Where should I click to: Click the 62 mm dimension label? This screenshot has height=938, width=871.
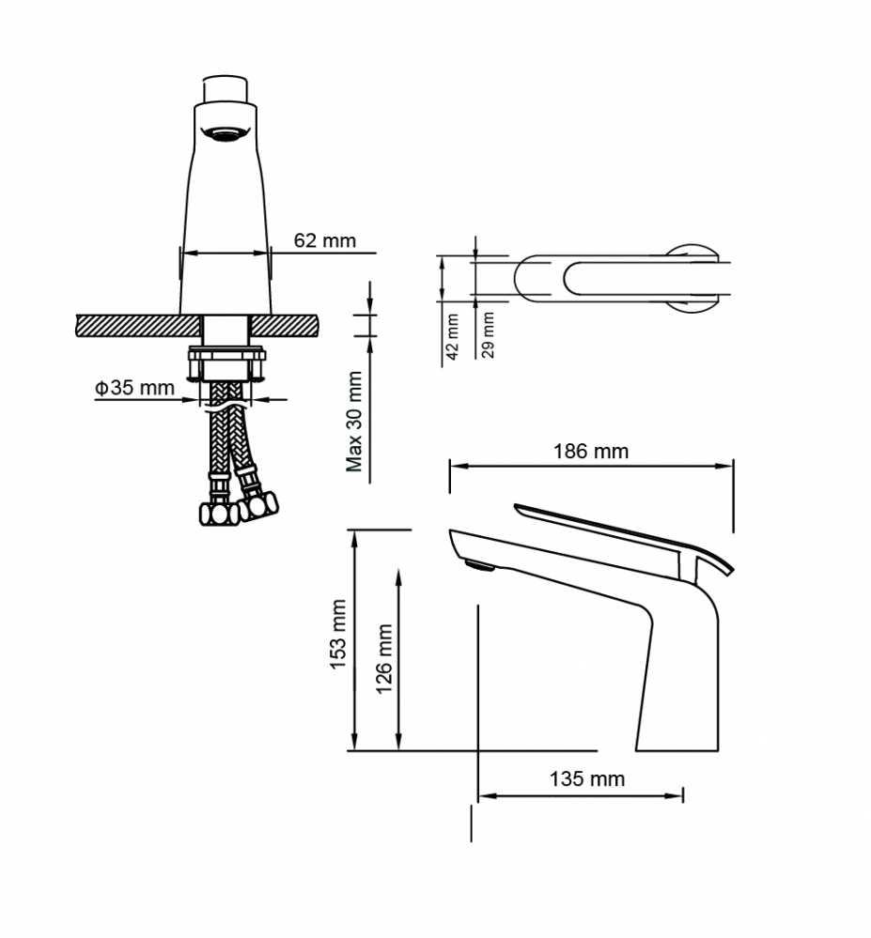pyautogui.click(x=324, y=240)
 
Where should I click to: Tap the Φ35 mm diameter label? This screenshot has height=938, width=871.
pyautogui.click(x=134, y=388)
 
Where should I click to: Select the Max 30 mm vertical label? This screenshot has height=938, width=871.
pyautogui.click(x=354, y=422)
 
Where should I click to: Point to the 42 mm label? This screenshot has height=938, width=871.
pyautogui.click(x=453, y=337)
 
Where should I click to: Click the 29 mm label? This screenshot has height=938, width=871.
pyautogui.click(x=489, y=334)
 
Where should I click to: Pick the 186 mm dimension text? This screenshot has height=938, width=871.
pyautogui.click(x=590, y=451)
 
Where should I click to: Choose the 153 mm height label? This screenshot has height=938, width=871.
pyautogui.click(x=338, y=634)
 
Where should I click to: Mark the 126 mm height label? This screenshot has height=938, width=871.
pyautogui.click(x=383, y=658)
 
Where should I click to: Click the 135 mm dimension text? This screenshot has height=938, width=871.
pyautogui.click(x=587, y=779)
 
